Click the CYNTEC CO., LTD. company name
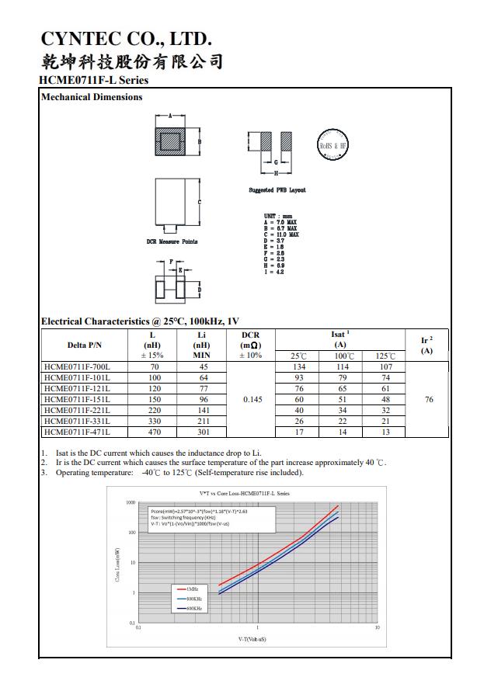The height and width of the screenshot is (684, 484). (125, 38)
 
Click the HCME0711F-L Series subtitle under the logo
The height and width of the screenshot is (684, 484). (93, 80)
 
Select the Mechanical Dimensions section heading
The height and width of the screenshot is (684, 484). (92, 97)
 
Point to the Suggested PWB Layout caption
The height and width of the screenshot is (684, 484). (277, 190)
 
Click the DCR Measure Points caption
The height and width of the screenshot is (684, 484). (172, 241)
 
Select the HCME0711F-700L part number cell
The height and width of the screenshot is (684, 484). (78, 366)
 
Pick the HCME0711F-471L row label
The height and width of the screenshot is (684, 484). (78, 432)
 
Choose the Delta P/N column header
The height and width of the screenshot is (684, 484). (85, 345)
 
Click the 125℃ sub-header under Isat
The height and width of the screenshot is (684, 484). (385, 356)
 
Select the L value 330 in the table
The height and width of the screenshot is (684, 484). (154, 421)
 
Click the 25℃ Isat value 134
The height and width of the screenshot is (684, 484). (298, 366)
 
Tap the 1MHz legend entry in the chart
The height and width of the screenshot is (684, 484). (193, 591)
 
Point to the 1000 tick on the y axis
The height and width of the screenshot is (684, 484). (131, 502)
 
